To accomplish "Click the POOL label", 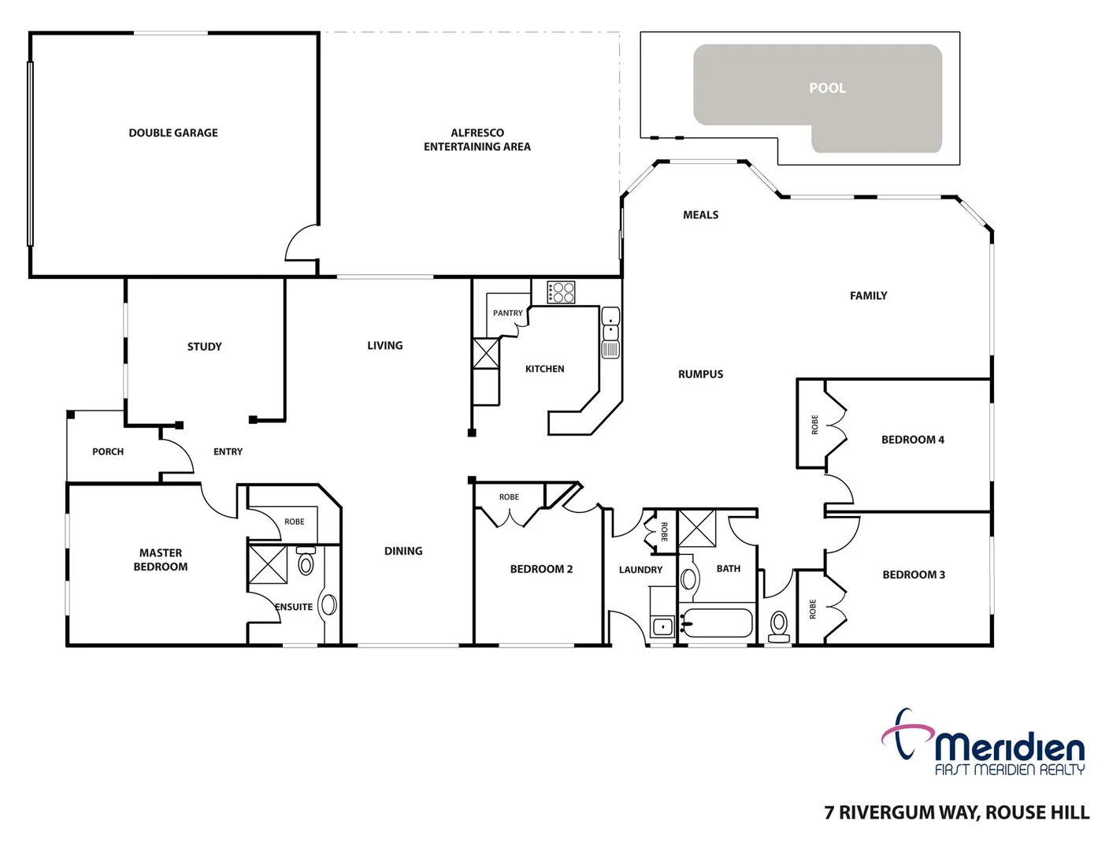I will pyautogui.click(x=827, y=88).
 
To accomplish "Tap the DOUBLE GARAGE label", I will pyautogui.click(x=173, y=133).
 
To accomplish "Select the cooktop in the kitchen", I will pyautogui.click(x=561, y=292).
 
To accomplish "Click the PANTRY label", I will pyautogui.click(x=507, y=313).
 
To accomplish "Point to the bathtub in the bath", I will pyautogui.click(x=717, y=622).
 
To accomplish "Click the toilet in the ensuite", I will pyautogui.click(x=306, y=562).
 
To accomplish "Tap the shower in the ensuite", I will pyautogui.click(x=267, y=564).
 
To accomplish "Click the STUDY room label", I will pyautogui.click(x=204, y=347).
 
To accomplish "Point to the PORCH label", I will pyautogui.click(x=108, y=452).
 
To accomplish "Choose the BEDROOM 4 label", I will pyautogui.click(x=912, y=440).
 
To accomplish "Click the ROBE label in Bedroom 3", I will pyautogui.click(x=813, y=608).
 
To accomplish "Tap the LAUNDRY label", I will pyautogui.click(x=640, y=570).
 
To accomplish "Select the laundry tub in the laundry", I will pyautogui.click(x=662, y=627).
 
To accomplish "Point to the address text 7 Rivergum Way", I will pyautogui.click(x=956, y=812).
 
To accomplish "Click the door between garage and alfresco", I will pyautogui.click(x=302, y=243).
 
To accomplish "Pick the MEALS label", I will pyautogui.click(x=700, y=215).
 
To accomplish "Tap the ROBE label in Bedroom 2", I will pyautogui.click(x=509, y=497).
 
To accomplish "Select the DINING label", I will pyautogui.click(x=403, y=552).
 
